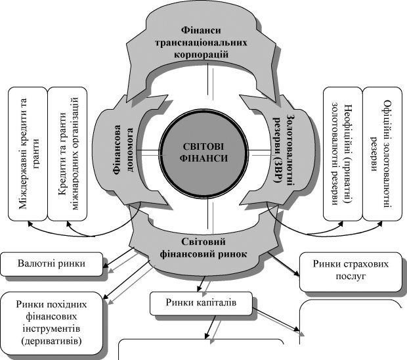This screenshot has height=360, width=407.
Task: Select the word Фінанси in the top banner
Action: [201, 30]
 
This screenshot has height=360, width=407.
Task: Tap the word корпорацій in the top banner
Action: [201, 55]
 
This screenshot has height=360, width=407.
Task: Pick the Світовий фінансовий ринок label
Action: [203, 248]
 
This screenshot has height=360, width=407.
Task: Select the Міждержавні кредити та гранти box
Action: [28, 154]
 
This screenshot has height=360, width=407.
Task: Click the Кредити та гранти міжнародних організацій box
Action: [67, 154]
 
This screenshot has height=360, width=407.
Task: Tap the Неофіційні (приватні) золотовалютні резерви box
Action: [343, 154]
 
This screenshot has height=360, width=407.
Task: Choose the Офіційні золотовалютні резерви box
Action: [382, 154]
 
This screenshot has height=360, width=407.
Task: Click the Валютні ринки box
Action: [51, 264]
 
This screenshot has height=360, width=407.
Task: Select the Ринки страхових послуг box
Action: [351, 272]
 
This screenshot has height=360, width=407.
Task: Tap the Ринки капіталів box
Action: [201, 302]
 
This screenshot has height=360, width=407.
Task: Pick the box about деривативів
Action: [51, 323]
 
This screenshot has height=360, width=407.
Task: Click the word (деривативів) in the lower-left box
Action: [51, 340]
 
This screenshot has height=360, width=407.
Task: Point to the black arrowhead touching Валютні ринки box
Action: [106, 265]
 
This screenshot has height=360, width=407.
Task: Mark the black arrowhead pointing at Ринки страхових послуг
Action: [297, 273]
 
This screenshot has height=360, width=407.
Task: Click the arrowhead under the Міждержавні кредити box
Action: [30, 223]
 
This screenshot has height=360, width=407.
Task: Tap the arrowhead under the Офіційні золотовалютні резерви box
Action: [381, 223]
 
